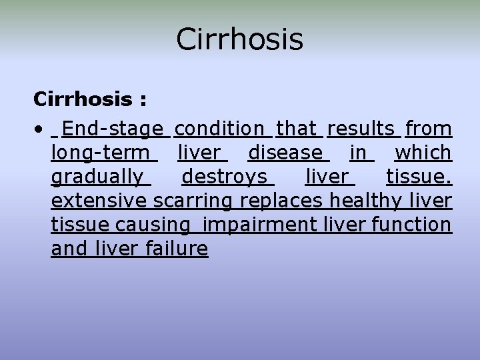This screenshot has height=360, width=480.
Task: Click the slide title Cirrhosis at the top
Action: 239,39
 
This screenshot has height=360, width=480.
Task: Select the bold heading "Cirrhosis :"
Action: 91,100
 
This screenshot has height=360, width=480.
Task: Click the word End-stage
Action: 113,128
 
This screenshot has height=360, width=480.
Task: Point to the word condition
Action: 220,128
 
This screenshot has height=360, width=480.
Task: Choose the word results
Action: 361,128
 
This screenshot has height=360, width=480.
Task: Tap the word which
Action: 423,153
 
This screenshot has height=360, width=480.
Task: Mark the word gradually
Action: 97,177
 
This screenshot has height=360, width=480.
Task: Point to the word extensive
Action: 100,201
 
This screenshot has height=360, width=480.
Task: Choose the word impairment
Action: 261,225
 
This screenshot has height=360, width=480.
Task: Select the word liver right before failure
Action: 119,249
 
